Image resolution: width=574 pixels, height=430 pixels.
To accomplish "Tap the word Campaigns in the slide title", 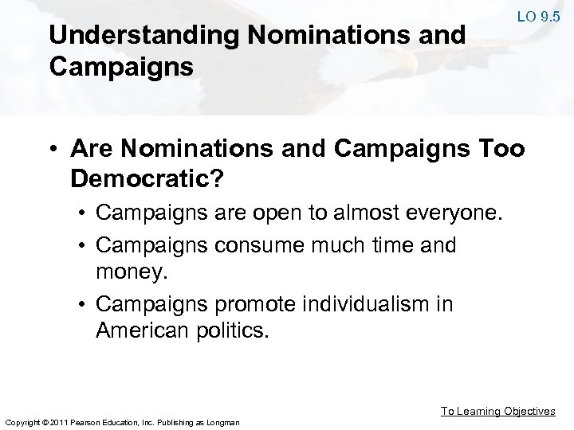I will click(120, 66).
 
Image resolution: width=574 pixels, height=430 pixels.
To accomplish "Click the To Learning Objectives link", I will click(499, 411).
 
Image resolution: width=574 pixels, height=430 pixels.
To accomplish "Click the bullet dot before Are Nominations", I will click(57, 150).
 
